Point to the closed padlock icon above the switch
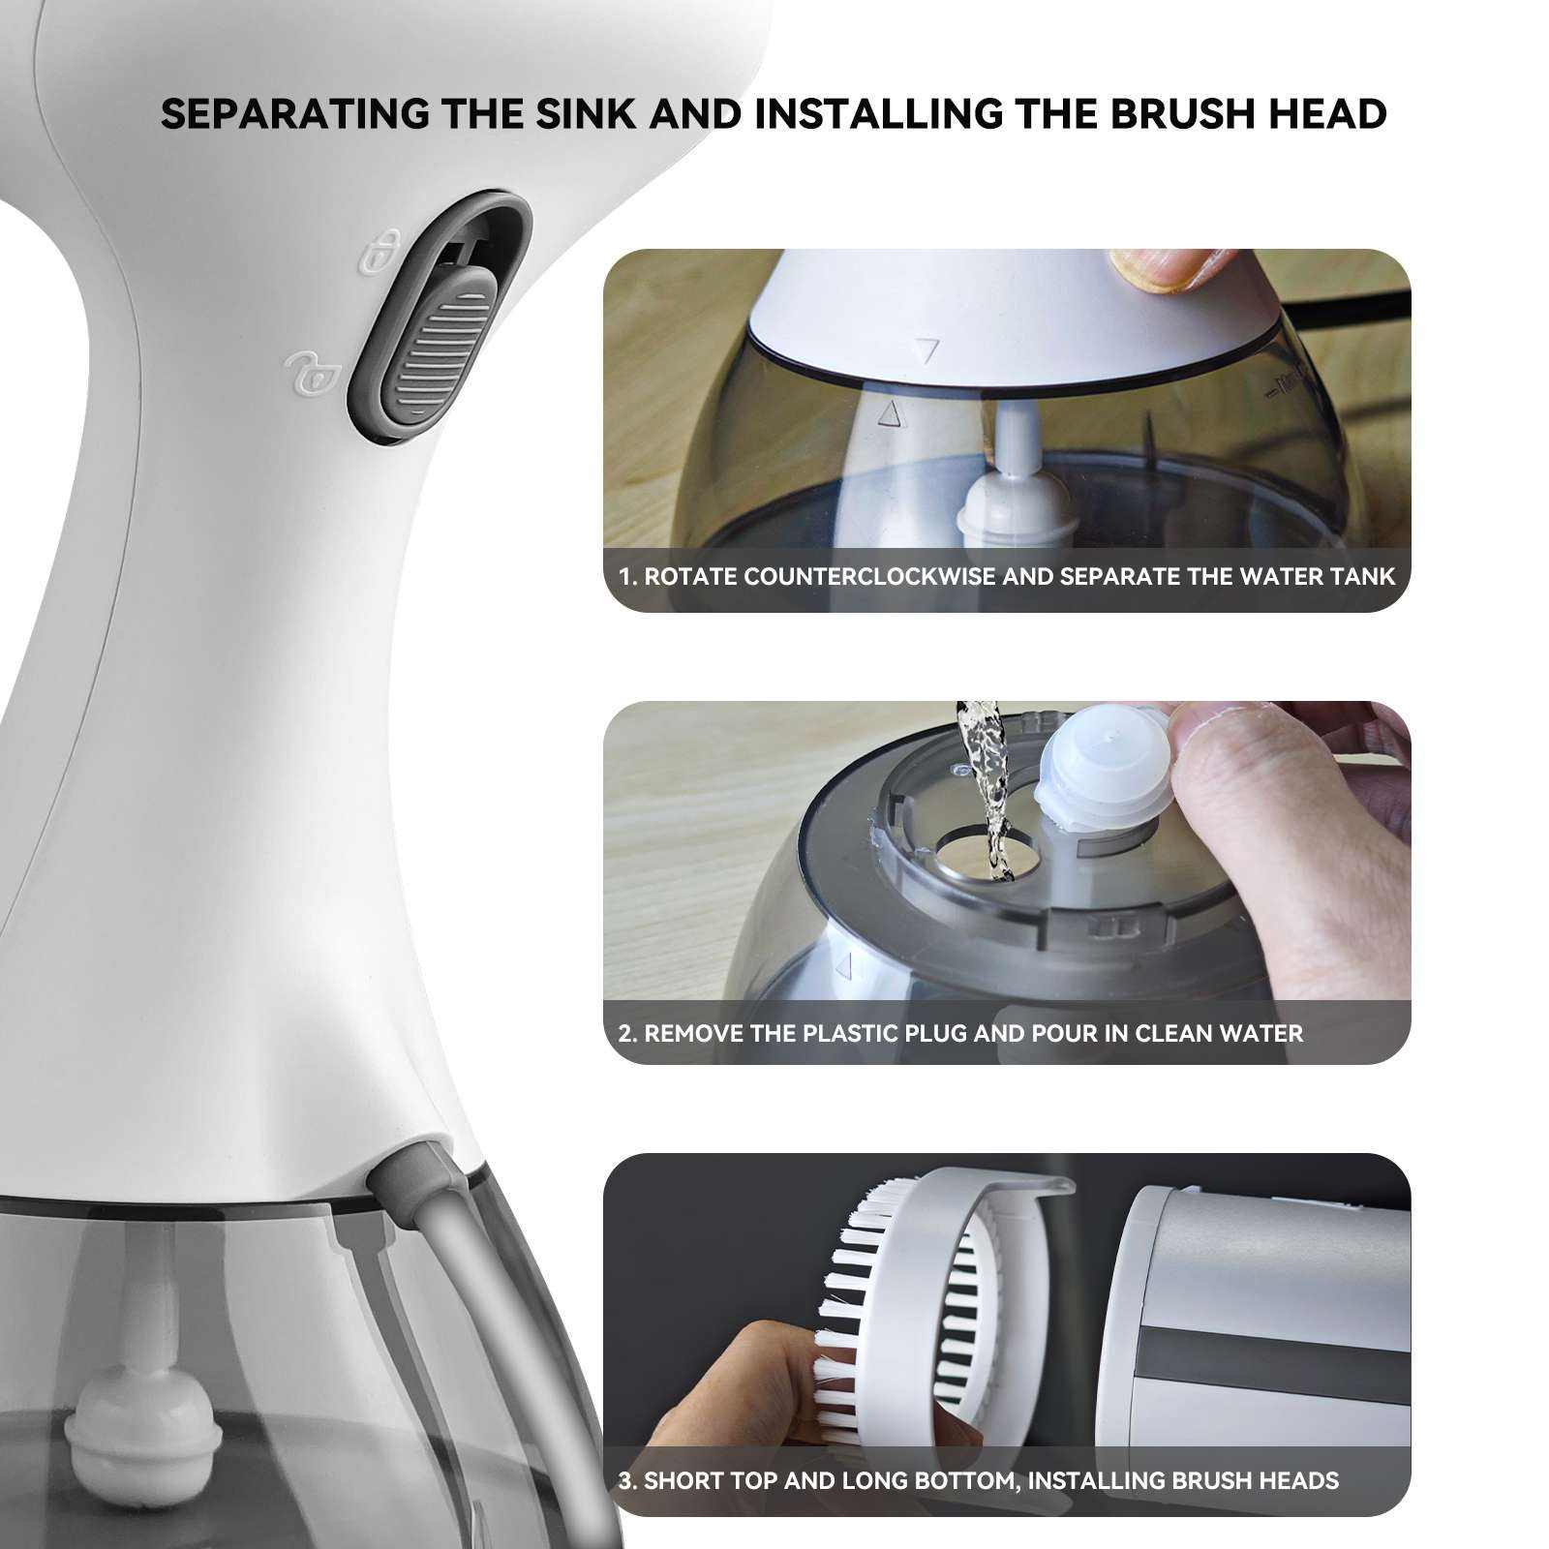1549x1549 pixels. (x=380, y=252)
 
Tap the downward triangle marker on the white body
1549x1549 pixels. (x=927, y=349)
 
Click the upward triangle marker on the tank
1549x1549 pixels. (x=889, y=414)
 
